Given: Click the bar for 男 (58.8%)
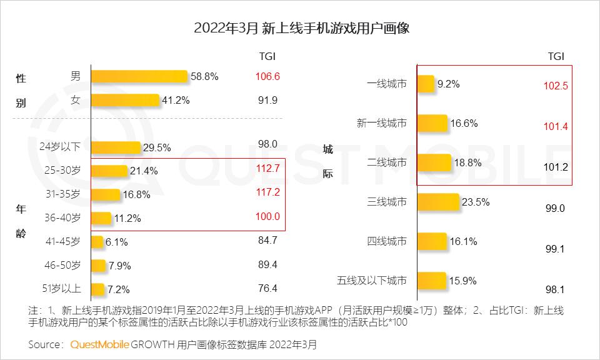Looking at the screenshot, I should (x=139, y=76).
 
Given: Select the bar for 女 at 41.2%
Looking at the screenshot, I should (x=125, y=100).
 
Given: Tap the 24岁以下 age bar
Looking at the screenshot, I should (x=116, y=147).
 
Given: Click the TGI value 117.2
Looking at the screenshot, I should (x=267, y=193).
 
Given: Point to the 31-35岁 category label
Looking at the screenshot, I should (x=63, y=194).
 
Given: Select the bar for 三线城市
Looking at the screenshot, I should (x=437, y=202).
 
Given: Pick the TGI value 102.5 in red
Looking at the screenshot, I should (x=556, y=86).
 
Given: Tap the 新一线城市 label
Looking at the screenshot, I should (x=381, y=123).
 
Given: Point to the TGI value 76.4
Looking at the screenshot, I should (x=267, y=288).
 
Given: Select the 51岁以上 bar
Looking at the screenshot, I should (x=97, y=289).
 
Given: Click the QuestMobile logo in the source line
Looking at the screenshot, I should (x=99, y=344).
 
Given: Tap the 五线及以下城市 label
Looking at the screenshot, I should (x=371, y=281).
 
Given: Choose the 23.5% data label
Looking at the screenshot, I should (x=474, y=202).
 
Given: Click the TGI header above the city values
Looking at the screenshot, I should (x=556, y=56).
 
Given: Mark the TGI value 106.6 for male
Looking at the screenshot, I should (x=267, y=76).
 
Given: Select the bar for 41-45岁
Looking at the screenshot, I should (x=97, y=241).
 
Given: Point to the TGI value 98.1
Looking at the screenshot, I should (x=554, y=289).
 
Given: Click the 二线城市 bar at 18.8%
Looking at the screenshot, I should (x=433, y=162).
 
